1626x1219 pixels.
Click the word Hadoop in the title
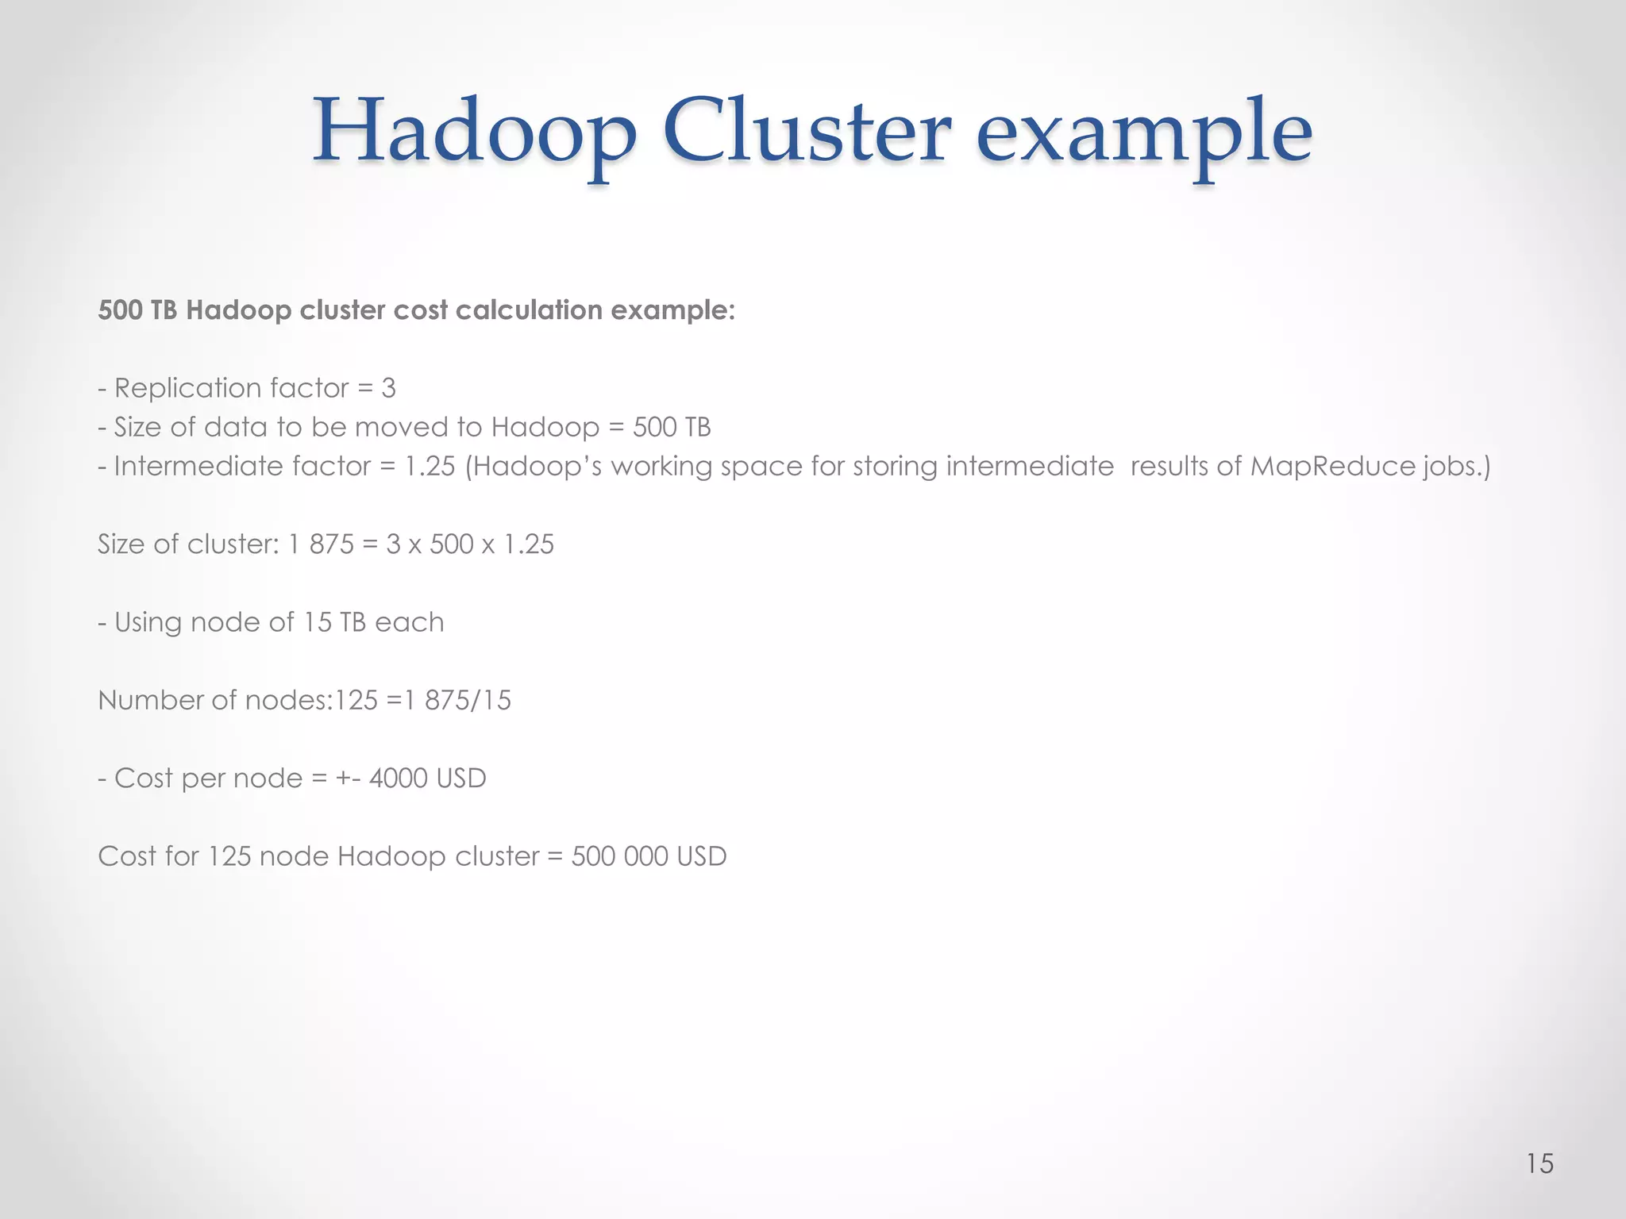tap(474, 132)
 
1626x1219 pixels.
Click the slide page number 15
tap(1539, 1163)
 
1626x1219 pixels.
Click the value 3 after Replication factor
tap(388, 388)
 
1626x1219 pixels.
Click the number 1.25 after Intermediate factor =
tap(430, 466)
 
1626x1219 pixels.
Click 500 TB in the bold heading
tap(137, 310)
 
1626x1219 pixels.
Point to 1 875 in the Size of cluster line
tap(321, 544)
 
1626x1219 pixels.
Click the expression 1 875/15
tap(458, 700)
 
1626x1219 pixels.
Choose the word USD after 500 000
tap(702, 856)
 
